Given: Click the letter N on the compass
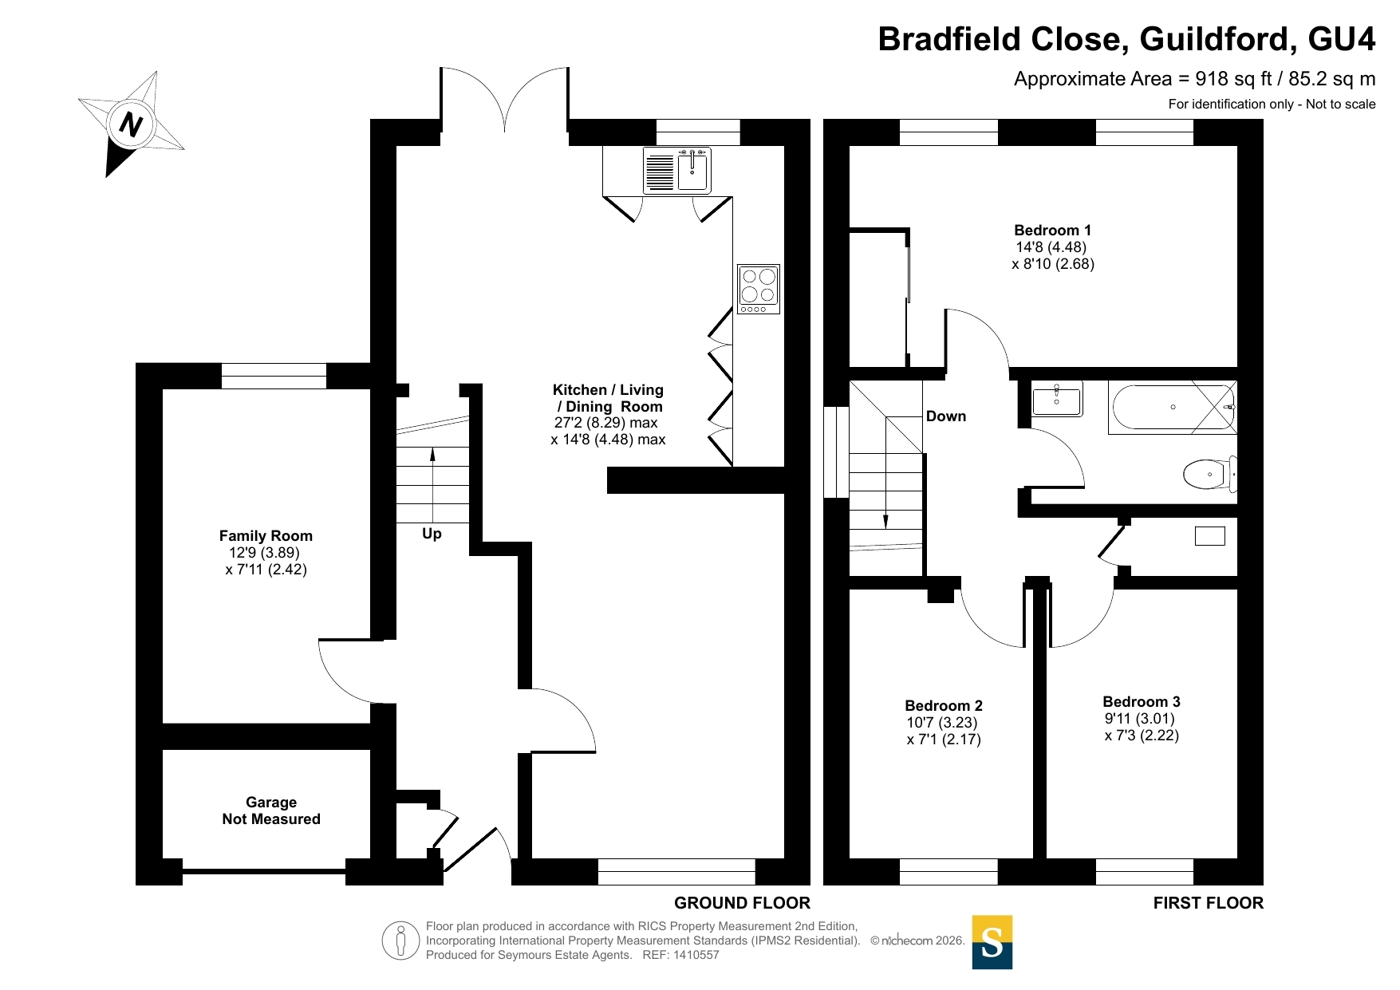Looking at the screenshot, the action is (131, 125).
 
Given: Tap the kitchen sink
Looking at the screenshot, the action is (677, 171).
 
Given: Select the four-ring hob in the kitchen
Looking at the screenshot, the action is (758, 289).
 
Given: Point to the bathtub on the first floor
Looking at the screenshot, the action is (1173, 408).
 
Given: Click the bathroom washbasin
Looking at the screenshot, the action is (1057, 399).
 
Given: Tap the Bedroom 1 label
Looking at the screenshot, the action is (1053, 231).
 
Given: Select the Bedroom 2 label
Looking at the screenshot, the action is (944, 706).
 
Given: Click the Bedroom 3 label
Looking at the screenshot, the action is (1142, 702).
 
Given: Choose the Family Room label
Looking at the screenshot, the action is (266, 536).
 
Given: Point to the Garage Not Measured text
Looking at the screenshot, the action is (271, 811).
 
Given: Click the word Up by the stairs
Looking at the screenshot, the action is (432, 534).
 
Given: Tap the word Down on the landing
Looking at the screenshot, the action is (946, 416).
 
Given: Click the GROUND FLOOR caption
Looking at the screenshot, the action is (742, 903).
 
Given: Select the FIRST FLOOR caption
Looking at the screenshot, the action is (1209, 903).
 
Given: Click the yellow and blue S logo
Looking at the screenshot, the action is (992, 942).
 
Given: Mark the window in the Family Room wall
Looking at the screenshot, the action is (274, 376).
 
